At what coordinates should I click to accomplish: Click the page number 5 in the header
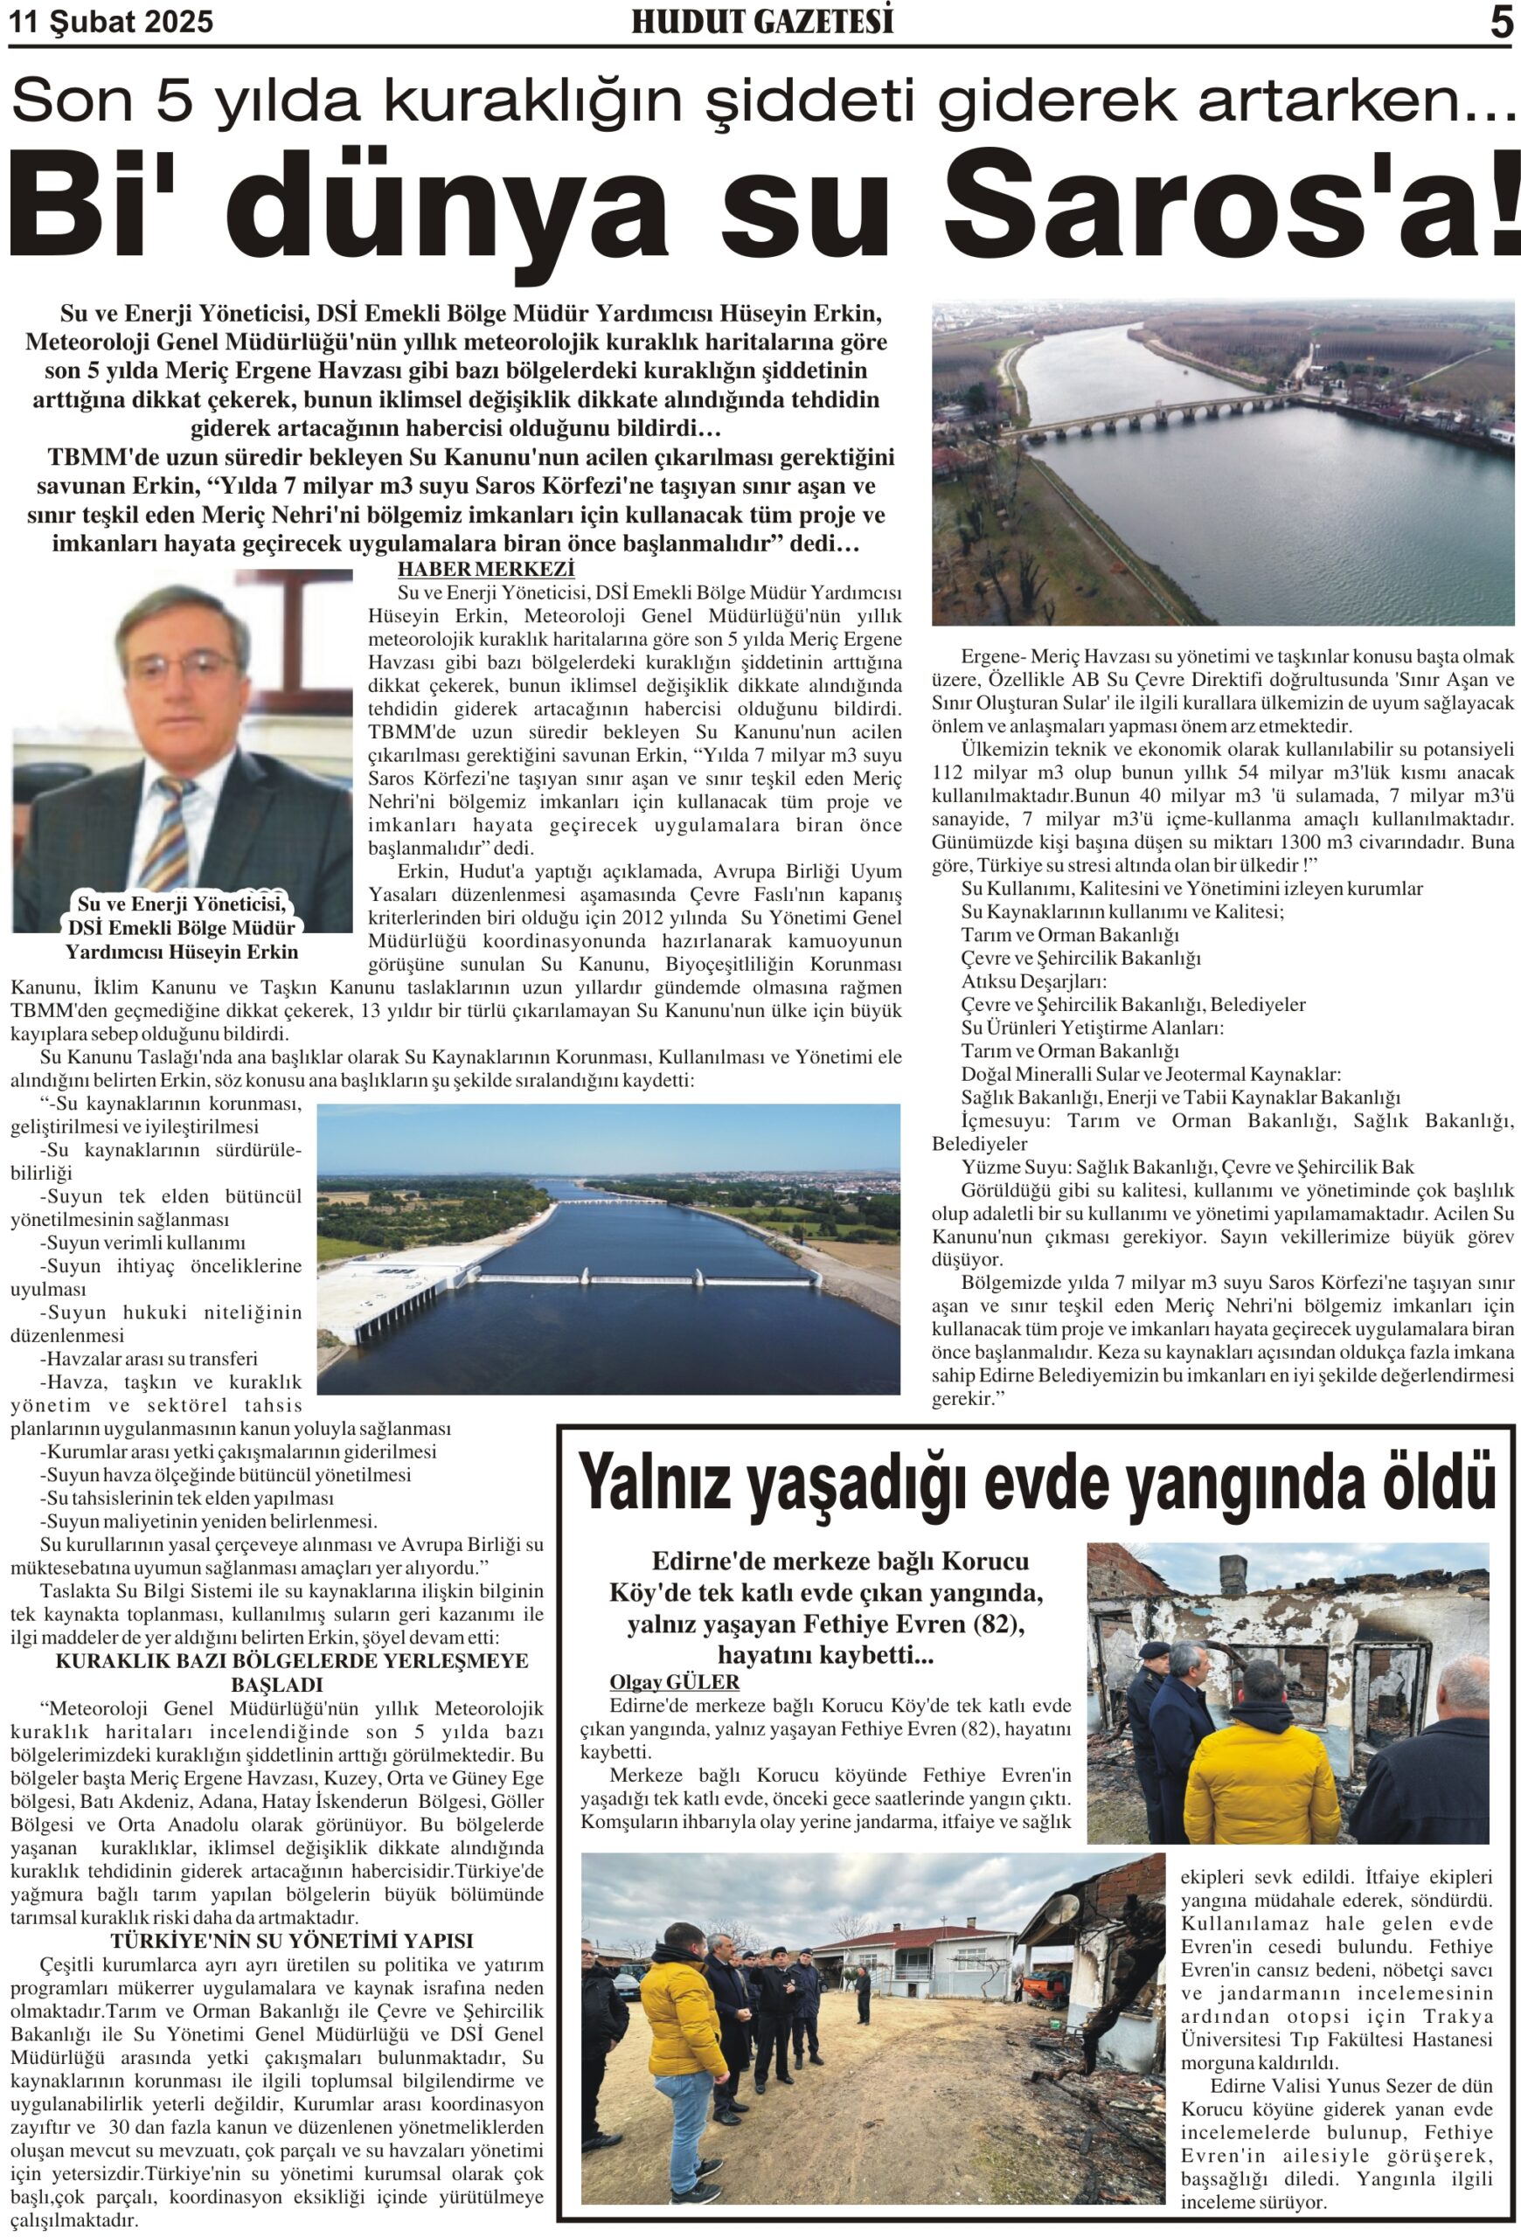(x=1501, y=23)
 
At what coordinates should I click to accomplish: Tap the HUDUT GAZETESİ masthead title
(x=761, y=22)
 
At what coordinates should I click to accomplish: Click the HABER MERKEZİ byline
(x=485, y=569)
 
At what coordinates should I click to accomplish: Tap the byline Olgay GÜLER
(x=674, y=1681)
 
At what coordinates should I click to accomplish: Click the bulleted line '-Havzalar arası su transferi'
(x=149, y=1358)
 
